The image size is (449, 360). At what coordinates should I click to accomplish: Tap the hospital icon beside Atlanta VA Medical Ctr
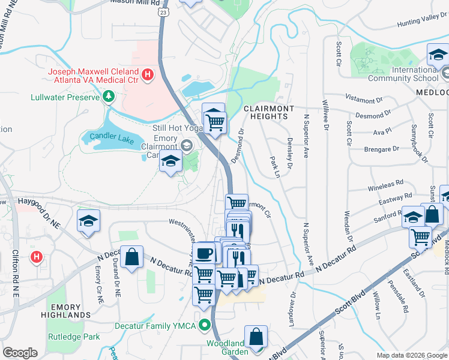pyautogui.click(x=148, y=75)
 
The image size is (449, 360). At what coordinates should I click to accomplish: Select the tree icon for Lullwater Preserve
pyautogui.click(x=109, y=96)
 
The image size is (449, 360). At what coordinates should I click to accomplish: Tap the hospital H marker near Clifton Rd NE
pyautogui.click(x=37, y=258)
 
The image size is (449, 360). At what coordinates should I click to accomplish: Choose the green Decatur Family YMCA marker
pyautogui.click(x=205, y=327)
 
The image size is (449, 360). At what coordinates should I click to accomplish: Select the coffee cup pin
pyautogui.click(x=203, y=253)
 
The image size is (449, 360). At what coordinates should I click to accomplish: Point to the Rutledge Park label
pyautogui.click(x=74, y=337)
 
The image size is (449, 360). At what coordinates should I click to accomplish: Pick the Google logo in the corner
pyautogui.click(x=20, y=353)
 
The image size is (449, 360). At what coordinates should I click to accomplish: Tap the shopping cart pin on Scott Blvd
pyautogui.click(x=420, y=236)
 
